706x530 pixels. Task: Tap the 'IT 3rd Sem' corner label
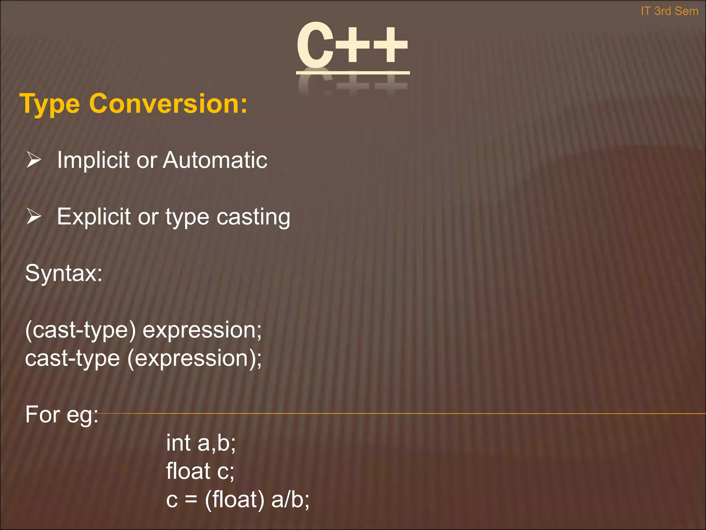[669, 11]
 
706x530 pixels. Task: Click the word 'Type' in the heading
[50, 104]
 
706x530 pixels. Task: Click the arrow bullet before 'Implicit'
[34, 160]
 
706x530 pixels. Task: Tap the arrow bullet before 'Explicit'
[34, 217]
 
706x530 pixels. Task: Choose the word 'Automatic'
[215, 160]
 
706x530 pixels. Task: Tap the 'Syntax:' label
[64, 273]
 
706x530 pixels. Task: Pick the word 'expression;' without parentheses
[202, 330]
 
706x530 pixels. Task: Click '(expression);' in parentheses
[194, 359]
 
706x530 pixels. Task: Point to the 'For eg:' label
[62, 414]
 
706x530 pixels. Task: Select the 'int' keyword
[178, 443]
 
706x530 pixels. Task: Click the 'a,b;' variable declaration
[217, 443]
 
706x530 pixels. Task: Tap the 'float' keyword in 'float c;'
[188, 471]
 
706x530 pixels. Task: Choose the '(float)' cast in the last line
[235, 499]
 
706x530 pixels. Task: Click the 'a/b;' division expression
[290, 499]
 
